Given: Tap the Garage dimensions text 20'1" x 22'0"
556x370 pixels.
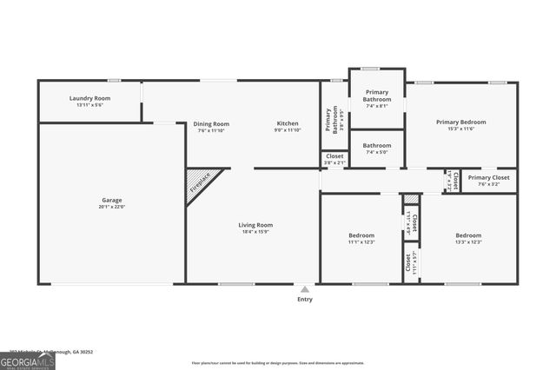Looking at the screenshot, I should point(112,207).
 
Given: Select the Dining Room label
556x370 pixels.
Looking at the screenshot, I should point(211,123).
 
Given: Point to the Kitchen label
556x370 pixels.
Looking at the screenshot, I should point(288,123).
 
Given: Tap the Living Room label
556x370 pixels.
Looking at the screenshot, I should point(255,226).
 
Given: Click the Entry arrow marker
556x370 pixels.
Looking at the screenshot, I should point(304,288).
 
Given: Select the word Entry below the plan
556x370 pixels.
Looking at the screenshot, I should point(304,299).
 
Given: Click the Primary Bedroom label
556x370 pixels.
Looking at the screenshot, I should point(460,122).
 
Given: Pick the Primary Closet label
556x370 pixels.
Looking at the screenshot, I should point(484,178).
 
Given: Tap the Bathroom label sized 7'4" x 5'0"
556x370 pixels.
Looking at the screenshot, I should point(377,145).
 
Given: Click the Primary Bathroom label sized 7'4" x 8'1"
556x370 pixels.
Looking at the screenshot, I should point(377,96).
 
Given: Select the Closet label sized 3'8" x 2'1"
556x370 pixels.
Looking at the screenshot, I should point(334,156).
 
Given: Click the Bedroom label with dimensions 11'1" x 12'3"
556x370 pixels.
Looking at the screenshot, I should point(361,235).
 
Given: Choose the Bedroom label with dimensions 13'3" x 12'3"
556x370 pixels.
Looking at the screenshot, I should point(468,235).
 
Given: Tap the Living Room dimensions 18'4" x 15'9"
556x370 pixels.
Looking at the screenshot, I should point(255,232).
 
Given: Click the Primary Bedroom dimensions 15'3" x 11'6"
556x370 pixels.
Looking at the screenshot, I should point(460,129).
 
